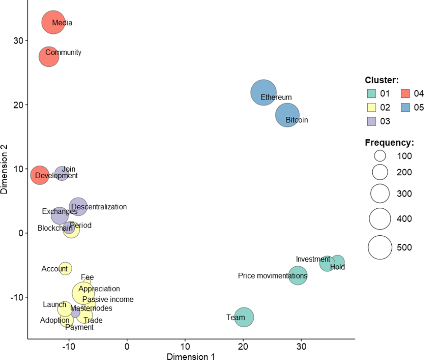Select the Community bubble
click(49, 57)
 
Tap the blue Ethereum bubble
click(264, 93)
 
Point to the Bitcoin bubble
click(287, 115)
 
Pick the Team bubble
click(244, 317)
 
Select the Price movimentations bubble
click(298, 276)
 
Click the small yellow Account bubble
click(65, 268)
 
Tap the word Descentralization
click(99, 207)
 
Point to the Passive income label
click(108, 299)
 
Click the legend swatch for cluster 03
click(372, 121)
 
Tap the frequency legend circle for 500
click(380, 248)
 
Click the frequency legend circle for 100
click(380, 156)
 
